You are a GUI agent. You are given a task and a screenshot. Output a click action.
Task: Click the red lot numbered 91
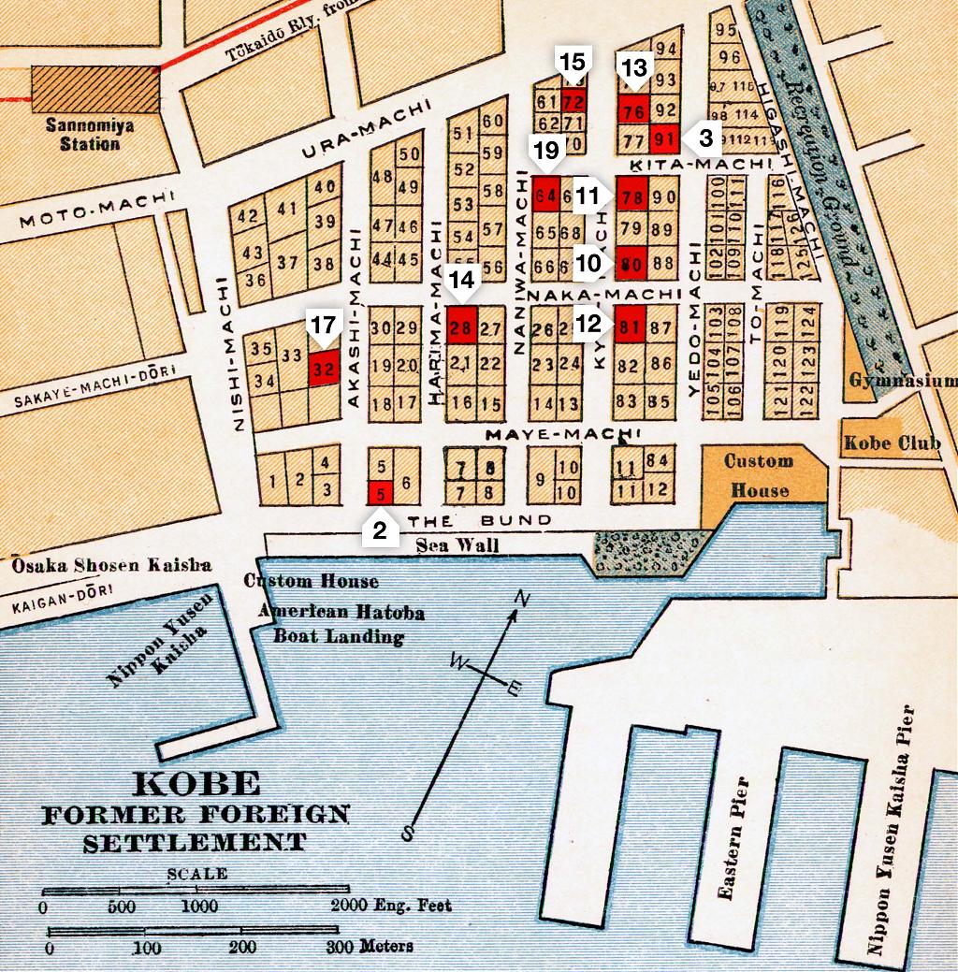[664, 138]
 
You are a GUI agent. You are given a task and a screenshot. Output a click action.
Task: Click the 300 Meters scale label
[370, 946]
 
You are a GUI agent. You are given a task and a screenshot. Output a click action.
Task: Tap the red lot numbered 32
[323, 368]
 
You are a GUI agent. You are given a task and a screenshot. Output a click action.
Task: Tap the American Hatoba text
[343, 614]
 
